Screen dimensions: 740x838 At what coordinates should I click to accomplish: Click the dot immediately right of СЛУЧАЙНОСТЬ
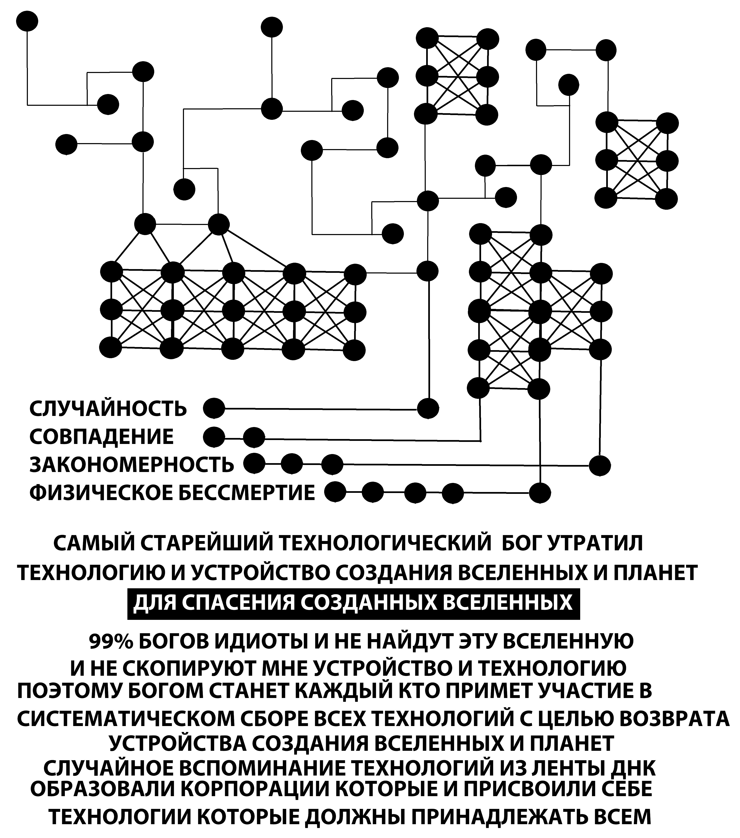tap(214, 409)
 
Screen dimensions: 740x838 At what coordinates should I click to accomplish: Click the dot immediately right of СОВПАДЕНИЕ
tap(214, 437)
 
